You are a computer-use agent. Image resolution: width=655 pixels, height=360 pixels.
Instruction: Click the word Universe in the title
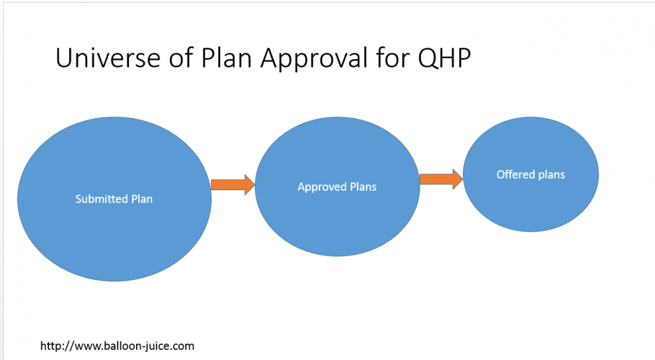coord(107,57)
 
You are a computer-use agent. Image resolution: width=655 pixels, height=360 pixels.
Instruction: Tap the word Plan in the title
coord(226,57)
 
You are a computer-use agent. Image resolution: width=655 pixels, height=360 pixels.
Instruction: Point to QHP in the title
coord(445,58)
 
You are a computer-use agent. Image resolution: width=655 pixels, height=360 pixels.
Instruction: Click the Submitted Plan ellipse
coord(114,199)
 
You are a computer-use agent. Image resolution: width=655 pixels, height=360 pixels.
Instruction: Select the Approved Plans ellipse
coord(337,187)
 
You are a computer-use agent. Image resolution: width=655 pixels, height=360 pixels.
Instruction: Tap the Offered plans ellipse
coord(530,174)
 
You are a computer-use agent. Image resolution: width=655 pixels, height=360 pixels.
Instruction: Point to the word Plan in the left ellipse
coord(142,199)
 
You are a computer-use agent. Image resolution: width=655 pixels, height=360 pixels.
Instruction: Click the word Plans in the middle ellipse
coord(363,187)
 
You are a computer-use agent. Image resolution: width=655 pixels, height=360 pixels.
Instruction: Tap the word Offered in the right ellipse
coord(516,174)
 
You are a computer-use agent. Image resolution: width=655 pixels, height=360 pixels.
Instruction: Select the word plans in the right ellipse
coord(551,175)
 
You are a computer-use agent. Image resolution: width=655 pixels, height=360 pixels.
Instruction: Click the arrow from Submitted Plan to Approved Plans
coord(233,184)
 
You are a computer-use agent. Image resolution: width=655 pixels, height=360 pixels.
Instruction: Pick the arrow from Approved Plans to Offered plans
coord(441,179)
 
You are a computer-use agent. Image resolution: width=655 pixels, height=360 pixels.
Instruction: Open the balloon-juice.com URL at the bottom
coord(117,346)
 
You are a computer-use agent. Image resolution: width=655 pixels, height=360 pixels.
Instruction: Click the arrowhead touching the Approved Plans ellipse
coord(250,184)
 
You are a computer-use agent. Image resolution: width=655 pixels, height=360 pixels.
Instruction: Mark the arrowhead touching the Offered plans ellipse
coord(458,179)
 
